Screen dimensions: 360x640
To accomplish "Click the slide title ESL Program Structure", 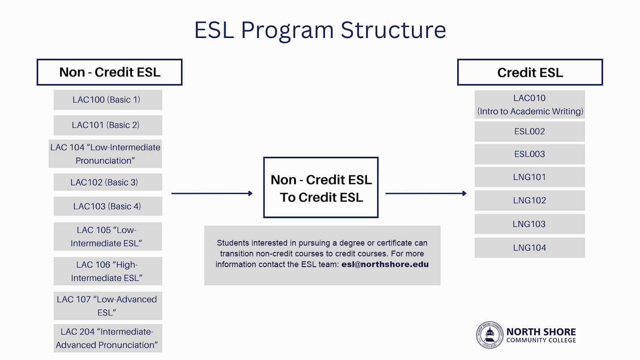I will pos(320,30).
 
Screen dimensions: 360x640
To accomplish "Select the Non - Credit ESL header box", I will pos(109,72).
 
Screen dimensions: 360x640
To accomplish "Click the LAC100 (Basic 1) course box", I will pos(107,100).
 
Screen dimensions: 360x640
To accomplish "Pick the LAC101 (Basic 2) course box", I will pos(107,126).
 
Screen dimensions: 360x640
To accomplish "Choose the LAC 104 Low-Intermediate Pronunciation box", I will pos(105,154).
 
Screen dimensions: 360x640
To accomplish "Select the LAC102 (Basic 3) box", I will pos(107,182).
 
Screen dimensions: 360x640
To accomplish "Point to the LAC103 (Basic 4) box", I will pos(107,206).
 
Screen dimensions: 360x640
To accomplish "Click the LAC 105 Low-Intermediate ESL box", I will pos(107,237).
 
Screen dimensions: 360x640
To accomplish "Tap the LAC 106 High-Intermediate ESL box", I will pos(107,271).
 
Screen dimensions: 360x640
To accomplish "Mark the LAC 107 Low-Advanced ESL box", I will pos(107,306).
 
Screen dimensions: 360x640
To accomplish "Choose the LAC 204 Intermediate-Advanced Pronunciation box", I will pos(107,339).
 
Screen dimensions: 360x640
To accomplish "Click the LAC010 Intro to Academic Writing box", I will pos(530,105).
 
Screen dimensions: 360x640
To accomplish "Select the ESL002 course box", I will pos(530,131).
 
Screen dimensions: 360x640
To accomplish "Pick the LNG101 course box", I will pos(530,177).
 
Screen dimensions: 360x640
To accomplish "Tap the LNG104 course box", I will pos(530,248).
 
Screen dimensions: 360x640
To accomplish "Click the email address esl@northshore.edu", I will pos(385,264).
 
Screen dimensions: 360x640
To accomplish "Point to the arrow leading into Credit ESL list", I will pos(426,193).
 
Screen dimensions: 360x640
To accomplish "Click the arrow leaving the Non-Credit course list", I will pos(212,193).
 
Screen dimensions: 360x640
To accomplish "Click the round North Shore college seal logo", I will pos(490,335).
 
